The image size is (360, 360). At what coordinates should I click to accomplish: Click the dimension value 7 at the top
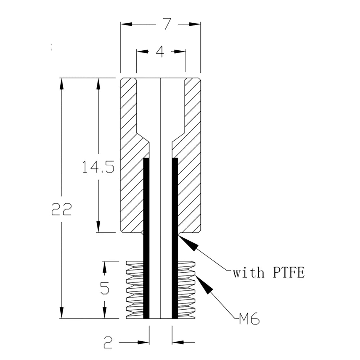[x=167, y=24]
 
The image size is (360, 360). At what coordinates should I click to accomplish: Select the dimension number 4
[x=160, y=51]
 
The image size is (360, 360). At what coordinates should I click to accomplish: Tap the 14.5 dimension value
[x=98, y=167]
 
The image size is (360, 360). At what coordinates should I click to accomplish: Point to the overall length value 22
[x=61, y=209]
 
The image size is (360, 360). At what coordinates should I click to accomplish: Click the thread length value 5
[x=105, y=288]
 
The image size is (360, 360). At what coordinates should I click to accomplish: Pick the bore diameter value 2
[x=108, y=342]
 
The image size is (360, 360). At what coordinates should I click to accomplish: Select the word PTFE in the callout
[x=289, y=273]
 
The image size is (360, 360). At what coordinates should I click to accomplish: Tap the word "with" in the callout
[x=249, y=273]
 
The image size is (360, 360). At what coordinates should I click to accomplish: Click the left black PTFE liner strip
[x=146, y=238]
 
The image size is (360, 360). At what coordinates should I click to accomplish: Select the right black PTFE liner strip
[x=175, y=238]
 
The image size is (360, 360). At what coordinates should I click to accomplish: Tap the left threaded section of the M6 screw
[x=135, y=290]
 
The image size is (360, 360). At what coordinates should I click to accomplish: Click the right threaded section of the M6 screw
[x=187, y=290]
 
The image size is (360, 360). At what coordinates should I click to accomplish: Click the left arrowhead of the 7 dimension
[x=127, y=24]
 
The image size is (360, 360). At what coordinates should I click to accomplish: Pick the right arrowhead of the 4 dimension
[x=180, y=51]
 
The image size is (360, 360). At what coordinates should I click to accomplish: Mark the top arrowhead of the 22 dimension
[x=61, y=84]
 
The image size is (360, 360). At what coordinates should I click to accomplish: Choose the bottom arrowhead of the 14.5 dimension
[x=98, y=227]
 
